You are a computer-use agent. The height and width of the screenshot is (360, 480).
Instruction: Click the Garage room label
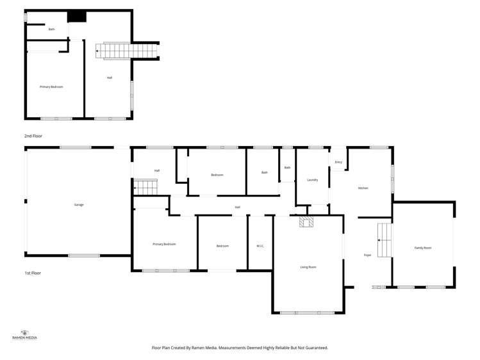[x=79, y=205]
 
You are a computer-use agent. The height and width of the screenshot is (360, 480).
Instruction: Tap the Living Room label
[x=308, y=266]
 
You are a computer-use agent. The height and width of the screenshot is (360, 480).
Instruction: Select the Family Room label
[x=423, y=247]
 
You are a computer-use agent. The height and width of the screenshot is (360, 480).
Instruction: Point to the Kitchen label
[x=363, y=188]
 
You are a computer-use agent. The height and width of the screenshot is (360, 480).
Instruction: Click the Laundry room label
[x=313, y=180]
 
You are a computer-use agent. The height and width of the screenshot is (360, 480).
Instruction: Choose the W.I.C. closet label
[x=260, y=246]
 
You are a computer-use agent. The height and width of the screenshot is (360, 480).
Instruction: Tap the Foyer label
[x=368, y=255]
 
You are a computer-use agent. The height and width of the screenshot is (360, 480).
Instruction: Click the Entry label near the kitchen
[x=338, y=162]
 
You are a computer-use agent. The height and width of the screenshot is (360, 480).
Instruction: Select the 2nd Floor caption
[x=32, y=136]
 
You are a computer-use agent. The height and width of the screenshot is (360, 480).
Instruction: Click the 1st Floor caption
[x=32, y=273]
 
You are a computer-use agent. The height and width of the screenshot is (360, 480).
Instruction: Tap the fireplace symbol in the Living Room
[x=306, y=222]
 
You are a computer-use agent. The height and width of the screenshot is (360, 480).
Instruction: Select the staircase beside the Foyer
[x=384, y=240]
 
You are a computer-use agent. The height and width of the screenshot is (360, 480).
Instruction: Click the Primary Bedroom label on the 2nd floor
[x=51, y=86]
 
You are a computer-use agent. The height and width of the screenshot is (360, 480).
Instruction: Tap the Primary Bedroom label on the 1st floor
[x=164, y=244]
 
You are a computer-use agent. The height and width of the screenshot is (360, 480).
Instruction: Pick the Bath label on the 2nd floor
[x=51, y=29]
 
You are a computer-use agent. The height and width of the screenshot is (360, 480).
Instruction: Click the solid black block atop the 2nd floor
[x=77, y=17]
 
